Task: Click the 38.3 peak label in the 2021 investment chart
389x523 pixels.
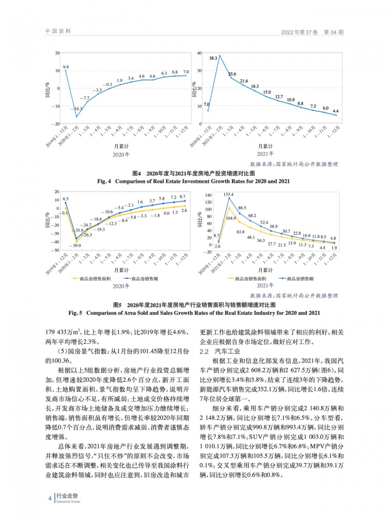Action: coord(213,58)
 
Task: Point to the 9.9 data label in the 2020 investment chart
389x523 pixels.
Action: coord(66,67)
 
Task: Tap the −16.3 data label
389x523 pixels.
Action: coord(78,109)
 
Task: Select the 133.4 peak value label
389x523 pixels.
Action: coord(228,195)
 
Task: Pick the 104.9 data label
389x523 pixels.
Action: coord(231,218)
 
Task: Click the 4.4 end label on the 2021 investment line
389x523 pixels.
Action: coord(335,111)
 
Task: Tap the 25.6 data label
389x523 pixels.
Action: coord(232,74)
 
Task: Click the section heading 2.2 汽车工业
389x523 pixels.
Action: coord(220,351)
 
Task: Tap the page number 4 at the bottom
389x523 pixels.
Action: coord(50,498)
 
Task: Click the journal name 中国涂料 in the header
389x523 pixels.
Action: coord(58,31)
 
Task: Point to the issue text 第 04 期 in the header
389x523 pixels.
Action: coord(334,32)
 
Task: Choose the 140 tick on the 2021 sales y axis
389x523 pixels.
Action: coord(209,195)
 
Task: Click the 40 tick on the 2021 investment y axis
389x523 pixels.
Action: coord(200,53)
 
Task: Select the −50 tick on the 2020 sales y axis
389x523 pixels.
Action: coord(56,250)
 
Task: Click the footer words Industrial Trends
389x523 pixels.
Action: coord(68,501)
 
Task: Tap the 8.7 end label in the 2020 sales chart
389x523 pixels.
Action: coord(183,197)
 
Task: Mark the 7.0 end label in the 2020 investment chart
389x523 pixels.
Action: coord(186,72)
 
